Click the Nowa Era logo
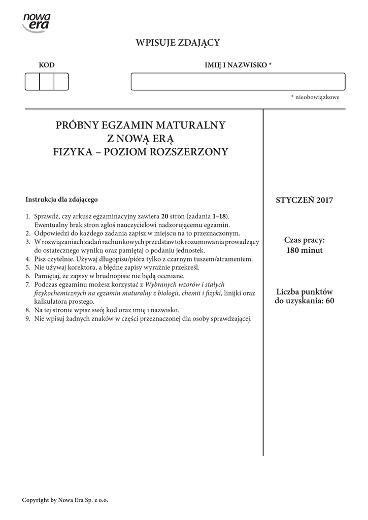[x=37, y=22]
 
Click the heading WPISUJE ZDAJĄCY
[x=177, y=43]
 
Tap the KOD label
[x=47, y=65]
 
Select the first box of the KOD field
[x=32, y=82]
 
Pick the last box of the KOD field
[x=61, y=82]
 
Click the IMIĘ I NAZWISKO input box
[x=238, y=82]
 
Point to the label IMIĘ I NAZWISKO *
[x=238, y=65]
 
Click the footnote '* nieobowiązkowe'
[x=315, y=97]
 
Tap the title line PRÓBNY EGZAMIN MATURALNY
[x=141, y=125]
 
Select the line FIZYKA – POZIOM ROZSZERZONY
[x=141, y=151]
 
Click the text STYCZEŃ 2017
[x=304, y=200]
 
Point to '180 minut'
[x=304, y=250]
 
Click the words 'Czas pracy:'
[x=304, y=240]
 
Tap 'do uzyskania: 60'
[x=304, y=301]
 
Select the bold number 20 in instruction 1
[x=164, y=216]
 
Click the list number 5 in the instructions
[x=28, y=267]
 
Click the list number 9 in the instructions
[x=28, y=319]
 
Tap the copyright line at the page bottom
[x=65, y=500]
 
